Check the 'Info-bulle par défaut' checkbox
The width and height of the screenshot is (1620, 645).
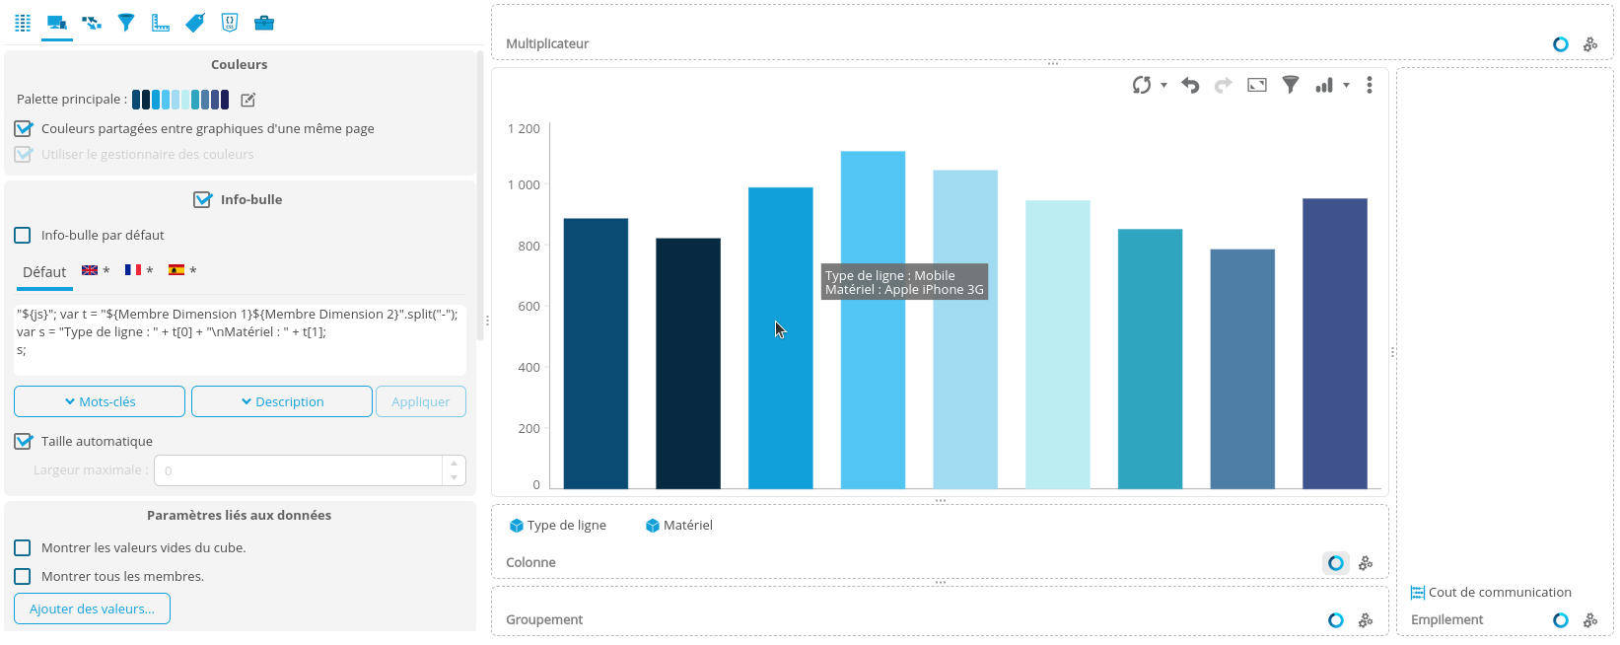[23, 236]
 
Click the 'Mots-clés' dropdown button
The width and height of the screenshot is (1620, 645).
[100, 401]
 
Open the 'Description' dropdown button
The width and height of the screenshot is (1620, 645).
[282, 401]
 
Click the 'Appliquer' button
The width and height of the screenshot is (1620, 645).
[420, 401]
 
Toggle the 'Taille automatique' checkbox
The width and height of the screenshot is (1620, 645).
[23, 442]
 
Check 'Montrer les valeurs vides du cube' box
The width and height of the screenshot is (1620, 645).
[23, 548]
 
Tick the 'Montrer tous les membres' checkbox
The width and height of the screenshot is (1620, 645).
[23, 577]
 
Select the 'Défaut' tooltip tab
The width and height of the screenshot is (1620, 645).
[44, 272]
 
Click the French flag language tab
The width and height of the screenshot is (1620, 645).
[133, 270]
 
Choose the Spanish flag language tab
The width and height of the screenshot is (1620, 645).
[176, 270]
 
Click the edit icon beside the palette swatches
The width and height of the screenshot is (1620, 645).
[248, 100]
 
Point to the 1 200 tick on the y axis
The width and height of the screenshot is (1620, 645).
[524, 129]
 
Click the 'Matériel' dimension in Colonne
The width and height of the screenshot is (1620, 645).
[679, 526]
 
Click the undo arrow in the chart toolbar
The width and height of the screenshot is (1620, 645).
[1190, 86]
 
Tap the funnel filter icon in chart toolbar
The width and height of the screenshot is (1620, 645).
[1290, 86]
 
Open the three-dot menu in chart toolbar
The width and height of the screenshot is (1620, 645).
[1370, 86]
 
